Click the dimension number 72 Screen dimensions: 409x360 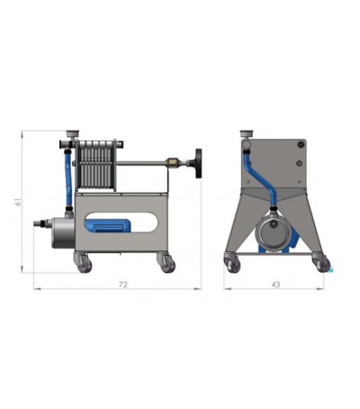[123, 285]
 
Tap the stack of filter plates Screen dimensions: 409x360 [95, 163]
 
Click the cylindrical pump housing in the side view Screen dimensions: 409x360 [60, 230]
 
